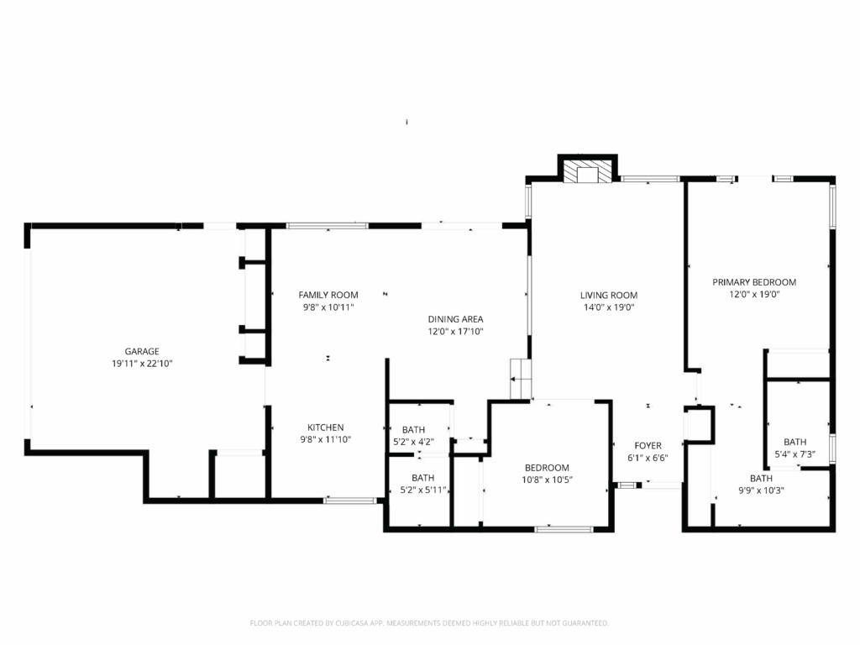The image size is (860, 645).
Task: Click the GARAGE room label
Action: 142,351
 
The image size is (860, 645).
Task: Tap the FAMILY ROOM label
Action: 328,295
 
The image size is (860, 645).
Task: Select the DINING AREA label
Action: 455,319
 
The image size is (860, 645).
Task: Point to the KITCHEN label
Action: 325,427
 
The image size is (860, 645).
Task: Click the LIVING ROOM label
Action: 609,295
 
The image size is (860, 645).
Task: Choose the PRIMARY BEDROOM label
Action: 754,282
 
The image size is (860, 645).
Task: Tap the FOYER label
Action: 648,445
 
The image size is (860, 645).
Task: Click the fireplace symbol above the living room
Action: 587,171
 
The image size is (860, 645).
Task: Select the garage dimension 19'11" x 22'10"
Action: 142,363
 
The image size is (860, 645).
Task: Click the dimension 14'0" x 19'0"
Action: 609,307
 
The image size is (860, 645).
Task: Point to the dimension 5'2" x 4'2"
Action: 413,442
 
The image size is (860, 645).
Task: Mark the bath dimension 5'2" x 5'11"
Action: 423,490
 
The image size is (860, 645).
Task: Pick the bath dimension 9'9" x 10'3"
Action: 761,490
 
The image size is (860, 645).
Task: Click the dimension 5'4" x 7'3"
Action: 794,454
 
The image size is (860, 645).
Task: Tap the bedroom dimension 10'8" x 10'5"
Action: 547,480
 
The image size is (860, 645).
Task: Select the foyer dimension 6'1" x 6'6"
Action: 648,458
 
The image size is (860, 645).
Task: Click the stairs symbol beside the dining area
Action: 521,379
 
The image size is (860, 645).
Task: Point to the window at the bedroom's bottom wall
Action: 564,529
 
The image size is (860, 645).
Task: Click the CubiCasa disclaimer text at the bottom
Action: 429,623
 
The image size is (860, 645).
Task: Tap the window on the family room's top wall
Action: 328,225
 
